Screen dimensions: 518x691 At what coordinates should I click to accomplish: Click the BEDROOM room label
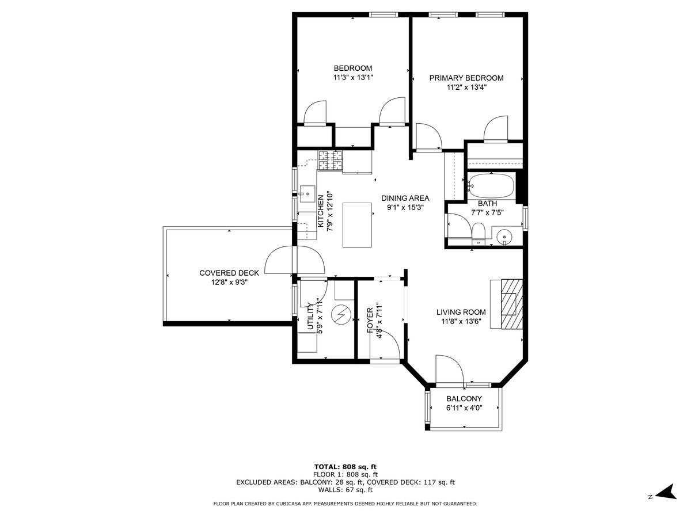(352, 68)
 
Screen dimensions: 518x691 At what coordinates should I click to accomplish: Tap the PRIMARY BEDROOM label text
(466, 78)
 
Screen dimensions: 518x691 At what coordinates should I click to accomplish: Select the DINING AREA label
(405, 198)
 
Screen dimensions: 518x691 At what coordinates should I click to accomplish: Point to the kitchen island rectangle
(356, 224)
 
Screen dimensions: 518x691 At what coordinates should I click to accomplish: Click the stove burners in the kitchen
(330, 161)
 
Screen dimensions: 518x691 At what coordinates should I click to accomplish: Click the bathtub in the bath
(490, 186)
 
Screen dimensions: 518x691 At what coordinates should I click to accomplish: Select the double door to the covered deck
(294, 260)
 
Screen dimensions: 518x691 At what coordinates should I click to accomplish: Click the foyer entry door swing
(387, 345)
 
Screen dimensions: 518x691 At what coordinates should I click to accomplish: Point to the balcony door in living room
(449, 369)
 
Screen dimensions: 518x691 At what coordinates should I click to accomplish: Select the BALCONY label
(464, 399)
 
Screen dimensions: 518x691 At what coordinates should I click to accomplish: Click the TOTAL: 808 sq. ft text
(345, 467)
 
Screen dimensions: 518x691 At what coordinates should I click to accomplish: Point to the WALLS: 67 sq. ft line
(345, 490)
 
